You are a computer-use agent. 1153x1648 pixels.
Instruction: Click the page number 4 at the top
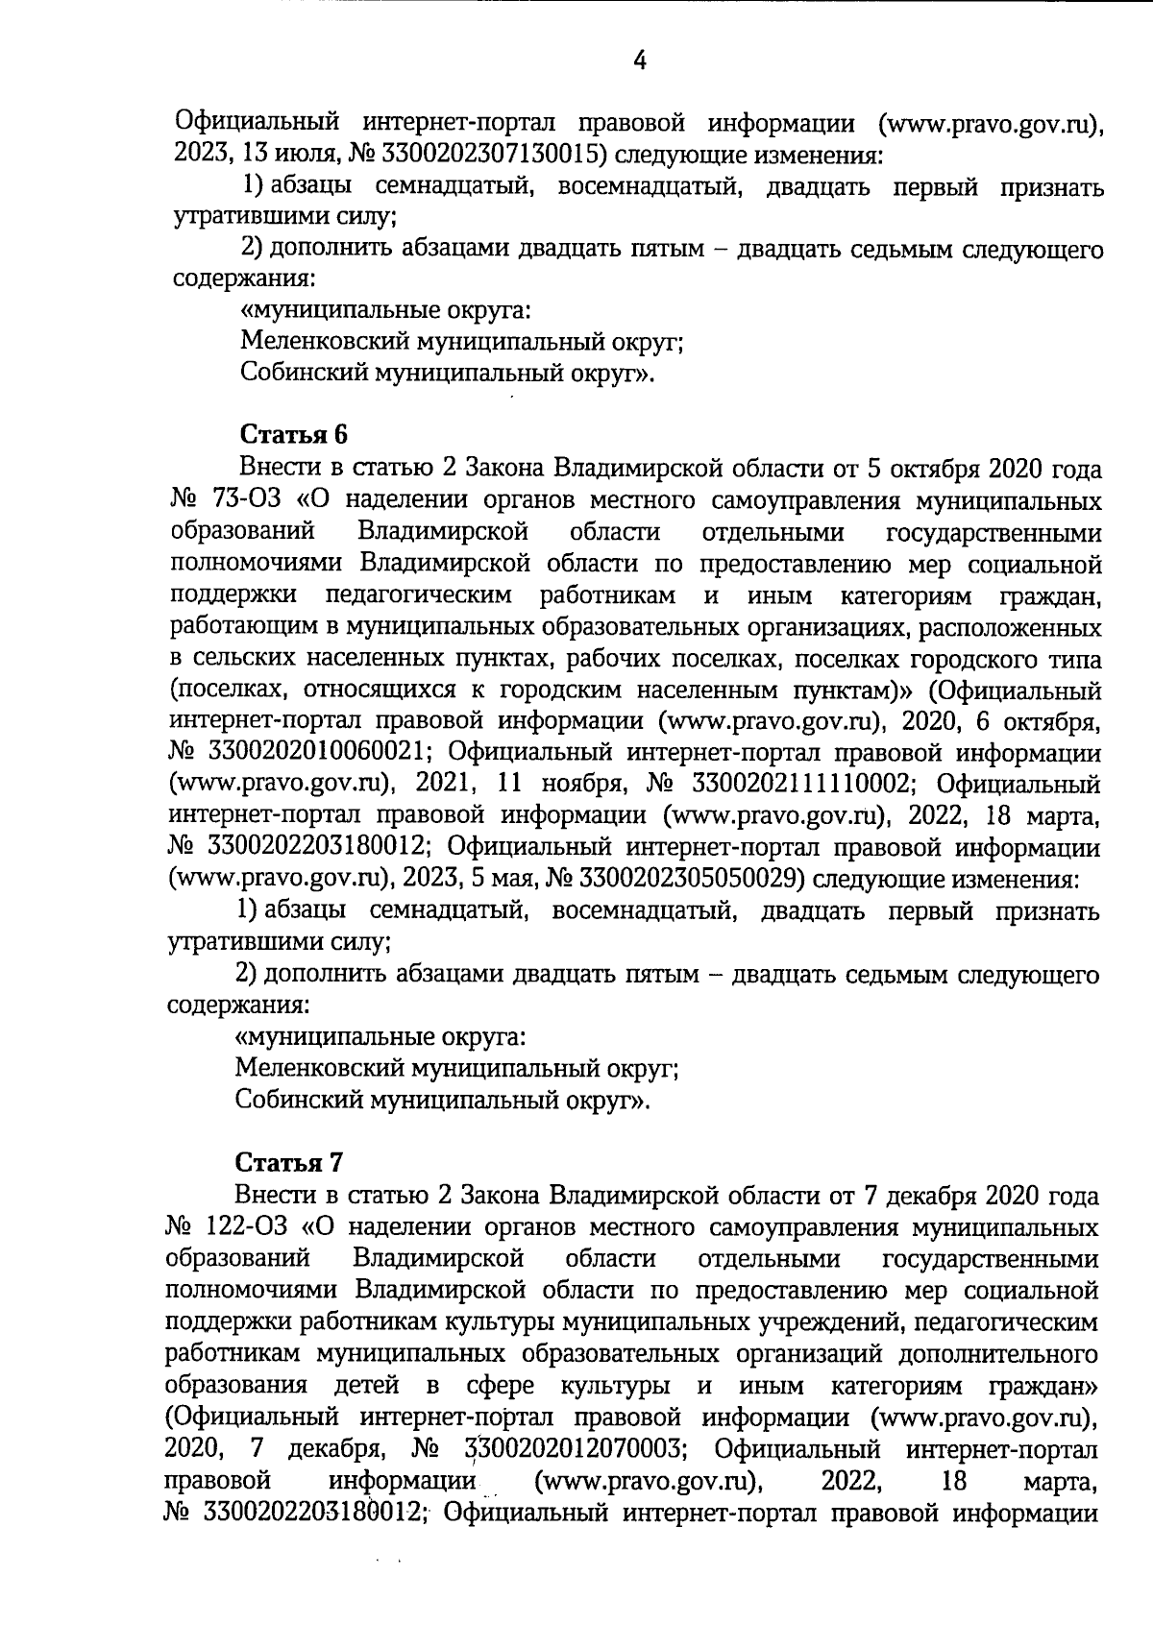(x=639, y=61)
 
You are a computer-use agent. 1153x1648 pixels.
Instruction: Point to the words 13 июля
(x=276, y=154)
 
